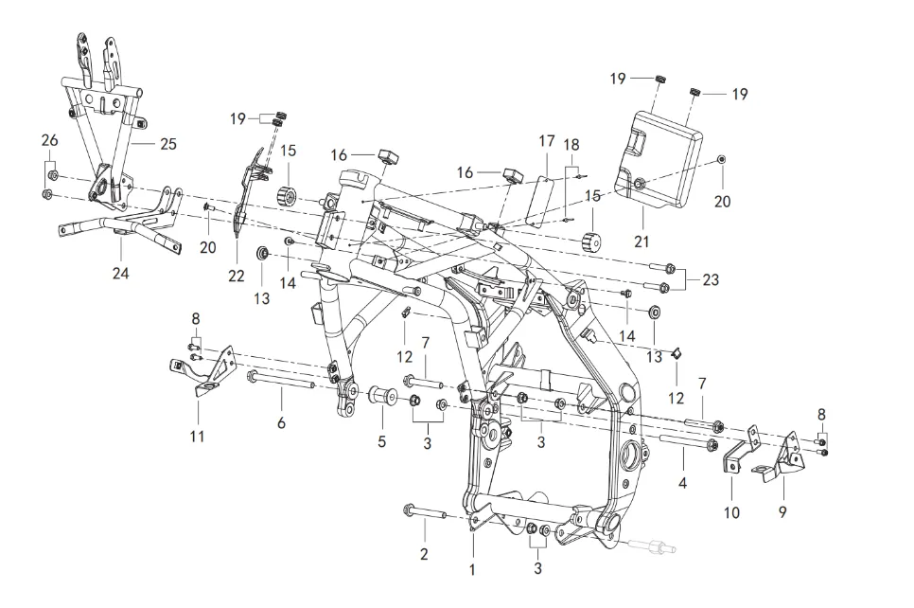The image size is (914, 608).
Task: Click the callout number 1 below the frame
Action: click(x=472, y=570)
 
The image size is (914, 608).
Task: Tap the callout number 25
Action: click(x=167, y=144)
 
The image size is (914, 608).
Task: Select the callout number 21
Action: click(x=642, y=241)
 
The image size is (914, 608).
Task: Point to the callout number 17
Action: click(x=547, y=141)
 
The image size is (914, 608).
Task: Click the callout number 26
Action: click(x=49, y=140)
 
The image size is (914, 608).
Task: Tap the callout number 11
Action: click(x=197, y=437)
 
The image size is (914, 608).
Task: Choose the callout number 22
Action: click(x=236, y=276)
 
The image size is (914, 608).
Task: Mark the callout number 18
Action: click(x=571, y=144)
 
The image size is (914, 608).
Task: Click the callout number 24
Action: click(x=121, y=273)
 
